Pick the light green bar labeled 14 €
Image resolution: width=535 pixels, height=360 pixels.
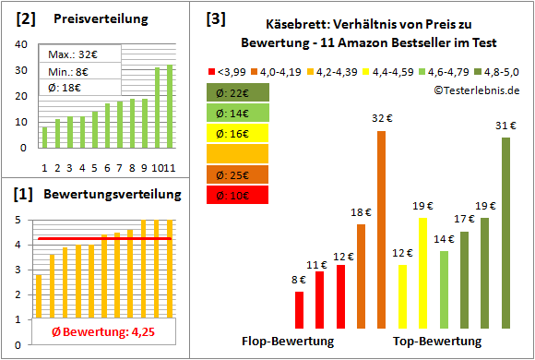click(444, 289)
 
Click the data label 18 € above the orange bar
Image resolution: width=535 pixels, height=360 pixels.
click(360, 213)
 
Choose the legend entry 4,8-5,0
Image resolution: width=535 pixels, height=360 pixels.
click(499, 71)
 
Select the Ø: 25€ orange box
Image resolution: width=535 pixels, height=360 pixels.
click(237, 174)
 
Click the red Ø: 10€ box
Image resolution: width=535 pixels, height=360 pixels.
click(237, 194)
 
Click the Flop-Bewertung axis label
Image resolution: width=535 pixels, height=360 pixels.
click(288, 341)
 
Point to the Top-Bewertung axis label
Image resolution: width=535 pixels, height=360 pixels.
click(437, 341)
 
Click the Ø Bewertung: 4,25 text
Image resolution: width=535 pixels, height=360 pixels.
click(103, 331)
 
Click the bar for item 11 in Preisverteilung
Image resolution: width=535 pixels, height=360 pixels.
click(169, 106)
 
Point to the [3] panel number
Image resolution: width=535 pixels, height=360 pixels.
click(215, 18)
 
